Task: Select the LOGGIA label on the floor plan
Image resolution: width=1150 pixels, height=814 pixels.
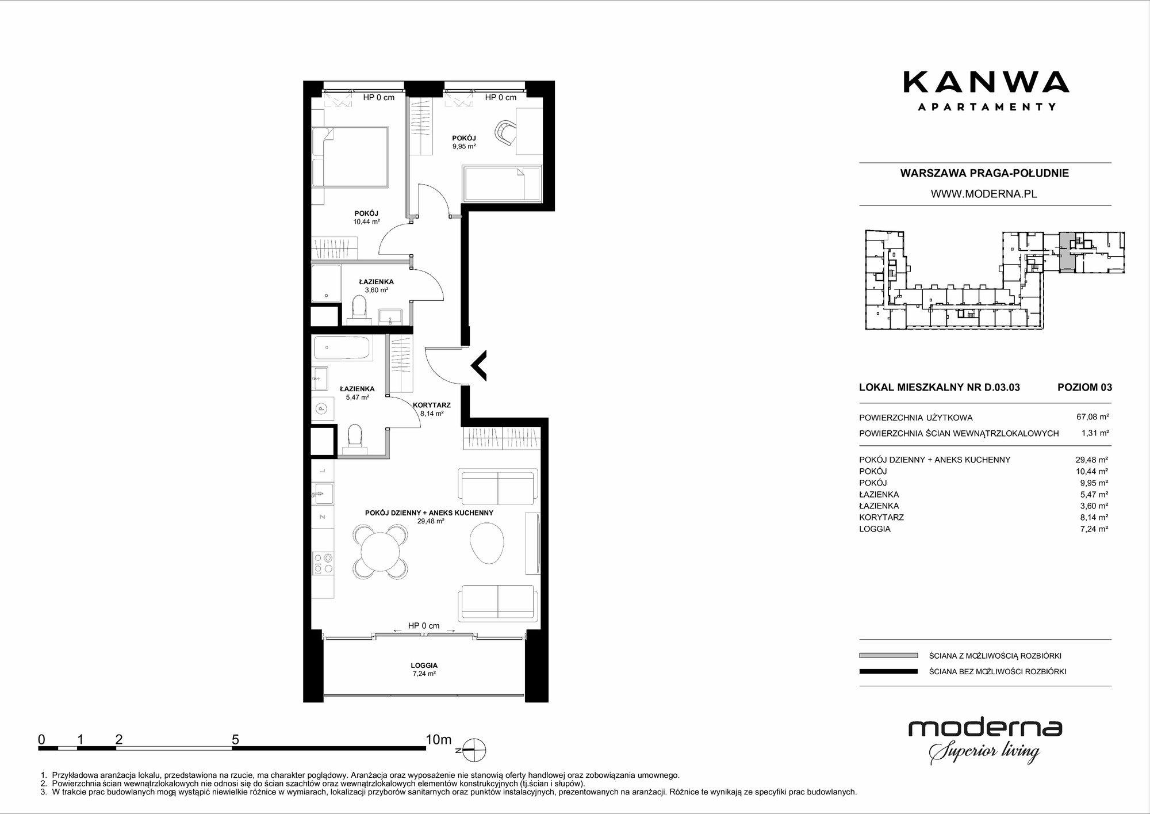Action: click(x=424, y=665)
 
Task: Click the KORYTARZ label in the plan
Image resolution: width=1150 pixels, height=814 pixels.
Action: click(x=431, y=405)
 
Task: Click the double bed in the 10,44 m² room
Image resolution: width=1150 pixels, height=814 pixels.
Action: click(x=350, y=157)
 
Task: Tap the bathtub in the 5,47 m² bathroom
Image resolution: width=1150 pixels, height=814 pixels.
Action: click(x=342, y=349)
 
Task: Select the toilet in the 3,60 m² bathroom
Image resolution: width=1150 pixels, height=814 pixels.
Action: click(x=359, y=307)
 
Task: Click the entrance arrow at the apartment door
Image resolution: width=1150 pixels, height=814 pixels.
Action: click(x=478, y=365)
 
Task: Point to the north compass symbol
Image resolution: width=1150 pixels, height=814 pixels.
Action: click(x=475, y=750)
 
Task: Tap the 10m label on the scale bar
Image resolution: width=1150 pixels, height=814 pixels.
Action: click(x=438, y=739)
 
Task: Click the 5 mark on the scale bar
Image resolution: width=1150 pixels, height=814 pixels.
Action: click(x=235, y=739)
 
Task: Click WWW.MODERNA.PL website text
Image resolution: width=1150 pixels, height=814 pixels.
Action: click(x=984, y=194)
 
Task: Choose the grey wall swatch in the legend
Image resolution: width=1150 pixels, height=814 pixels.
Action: click(x=888, y=655)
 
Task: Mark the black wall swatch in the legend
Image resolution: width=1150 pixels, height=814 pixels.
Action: click(x=888, y=671)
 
